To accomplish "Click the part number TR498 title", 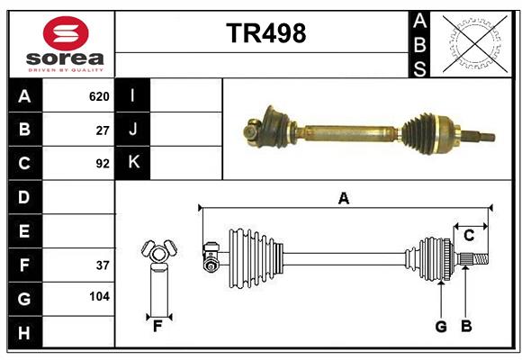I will tap(265, 33).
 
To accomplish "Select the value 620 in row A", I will tap(98, 96).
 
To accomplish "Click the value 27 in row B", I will tap(102, 130).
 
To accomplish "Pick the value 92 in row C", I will tap(102, 164).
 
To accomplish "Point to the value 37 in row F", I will tap(102, 265).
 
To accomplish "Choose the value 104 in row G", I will tap(98, 296).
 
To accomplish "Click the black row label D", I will tap(24, 197).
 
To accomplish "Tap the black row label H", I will tap(24, 332).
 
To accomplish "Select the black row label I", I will tap(133, 96).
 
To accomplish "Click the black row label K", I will tap(133, 163).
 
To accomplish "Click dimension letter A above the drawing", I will tap(343, 198).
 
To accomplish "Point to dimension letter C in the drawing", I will tap(469, 235).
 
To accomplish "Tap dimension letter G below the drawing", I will tap(440, 327).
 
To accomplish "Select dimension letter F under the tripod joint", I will tap(157, 327).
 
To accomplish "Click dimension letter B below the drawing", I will tap(465, 327).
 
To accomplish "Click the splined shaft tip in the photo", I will tap(484, 138).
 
